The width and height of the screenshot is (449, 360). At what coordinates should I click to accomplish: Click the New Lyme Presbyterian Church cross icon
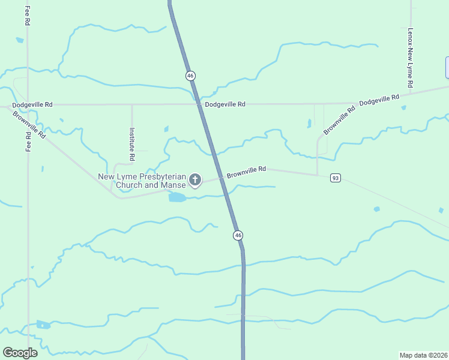point(195,179)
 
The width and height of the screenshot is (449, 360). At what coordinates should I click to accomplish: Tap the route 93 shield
point(336,178)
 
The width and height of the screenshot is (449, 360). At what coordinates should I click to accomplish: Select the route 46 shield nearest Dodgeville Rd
point(190,76)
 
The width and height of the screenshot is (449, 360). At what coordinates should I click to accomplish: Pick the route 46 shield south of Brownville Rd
point(238,235)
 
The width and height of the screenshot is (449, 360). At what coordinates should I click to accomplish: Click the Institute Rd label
point(132,143)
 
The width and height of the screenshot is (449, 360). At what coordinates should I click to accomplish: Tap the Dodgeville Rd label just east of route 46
point(225,104)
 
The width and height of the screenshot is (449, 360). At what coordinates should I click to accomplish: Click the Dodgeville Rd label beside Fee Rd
point(32,104)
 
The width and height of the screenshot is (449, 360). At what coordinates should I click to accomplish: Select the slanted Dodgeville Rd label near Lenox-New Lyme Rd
point(379,100)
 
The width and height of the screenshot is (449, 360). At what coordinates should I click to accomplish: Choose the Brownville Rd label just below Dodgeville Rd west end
point(29,124)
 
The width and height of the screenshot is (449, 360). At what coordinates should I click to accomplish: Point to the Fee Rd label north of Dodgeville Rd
point(28,16)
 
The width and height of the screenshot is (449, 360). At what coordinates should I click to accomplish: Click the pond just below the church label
point(177,197)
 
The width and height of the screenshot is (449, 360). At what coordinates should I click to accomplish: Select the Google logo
point(20,353)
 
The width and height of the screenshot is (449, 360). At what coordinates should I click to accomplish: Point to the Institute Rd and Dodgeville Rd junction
point(132,104)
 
